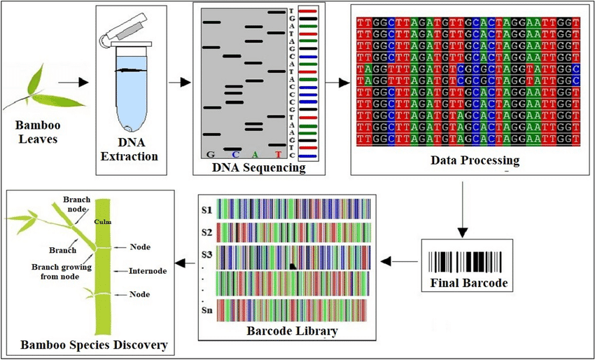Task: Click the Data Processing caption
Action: [475, 161]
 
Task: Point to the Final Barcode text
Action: [467, 284]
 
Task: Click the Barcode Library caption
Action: [291, 331]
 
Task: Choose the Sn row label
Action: [206, 310]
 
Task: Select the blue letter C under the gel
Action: [236, 154]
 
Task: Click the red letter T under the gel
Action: [278, 154]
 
